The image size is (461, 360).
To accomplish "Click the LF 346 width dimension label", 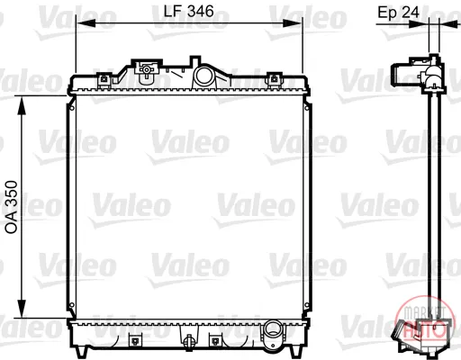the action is (188, 12).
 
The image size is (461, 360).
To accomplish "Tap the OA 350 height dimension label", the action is (12, 207).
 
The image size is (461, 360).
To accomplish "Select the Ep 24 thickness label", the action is (398, 13).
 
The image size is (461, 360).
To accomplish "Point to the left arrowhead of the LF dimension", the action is (86, 23).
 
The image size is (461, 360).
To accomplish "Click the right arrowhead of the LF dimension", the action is (292, 23).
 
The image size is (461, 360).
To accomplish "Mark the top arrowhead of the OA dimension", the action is (22, 105).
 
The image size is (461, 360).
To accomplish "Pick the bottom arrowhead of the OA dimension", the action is (22, 308).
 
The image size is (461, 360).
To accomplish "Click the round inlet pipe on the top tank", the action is (204, 75).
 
